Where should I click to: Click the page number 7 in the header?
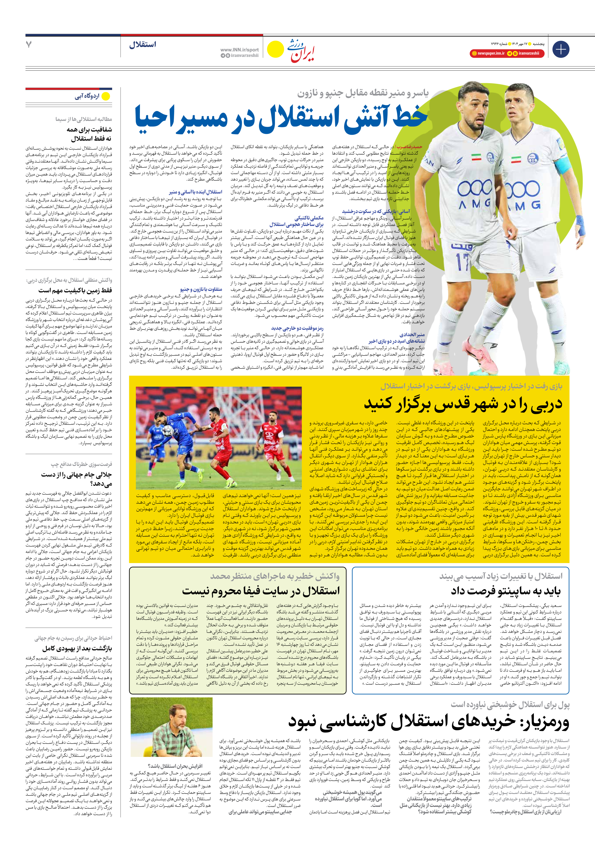coord(29,45)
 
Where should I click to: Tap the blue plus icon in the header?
coord(560,49)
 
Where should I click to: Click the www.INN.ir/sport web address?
coord(239,50)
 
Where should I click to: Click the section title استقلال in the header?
coord(143,45)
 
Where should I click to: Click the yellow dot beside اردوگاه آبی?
coord(106,96)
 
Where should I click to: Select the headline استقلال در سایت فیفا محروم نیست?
coord(261,591)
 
